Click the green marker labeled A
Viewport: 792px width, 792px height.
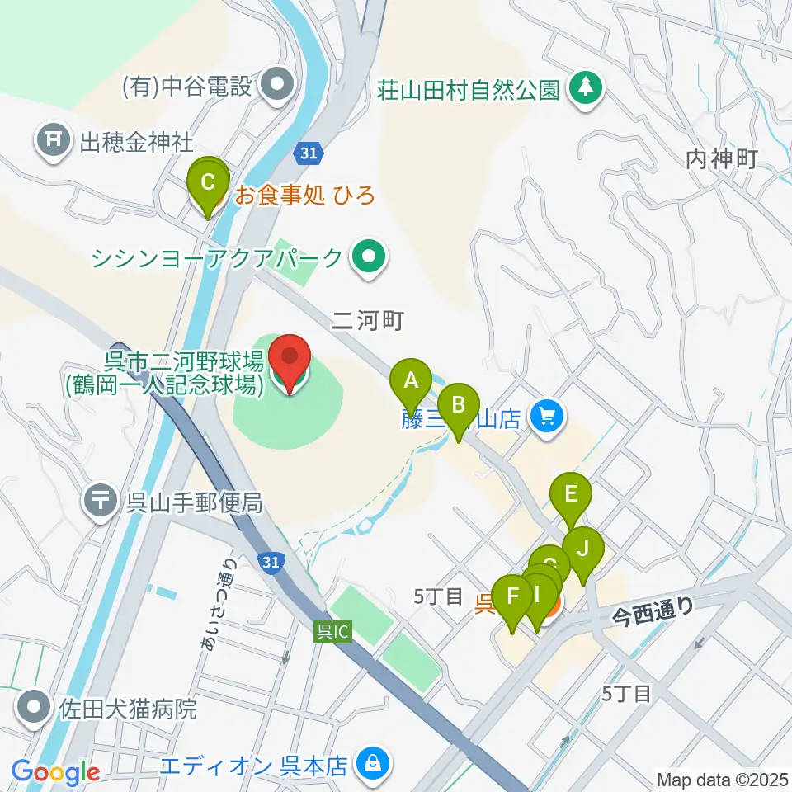(x=410, y=380)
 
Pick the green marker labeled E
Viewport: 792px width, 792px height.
(x=571, y=494)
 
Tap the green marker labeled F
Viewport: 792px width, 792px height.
(x=513, y=596)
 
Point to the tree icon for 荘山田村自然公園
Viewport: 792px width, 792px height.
(x=586, y=87)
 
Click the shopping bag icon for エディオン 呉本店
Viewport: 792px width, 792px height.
(x=373, y=765)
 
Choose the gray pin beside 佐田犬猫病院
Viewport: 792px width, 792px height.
(x=35, y=708)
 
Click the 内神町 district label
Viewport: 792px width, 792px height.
(x=721, y=158)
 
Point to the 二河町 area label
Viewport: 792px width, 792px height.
(x=367, y=320)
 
